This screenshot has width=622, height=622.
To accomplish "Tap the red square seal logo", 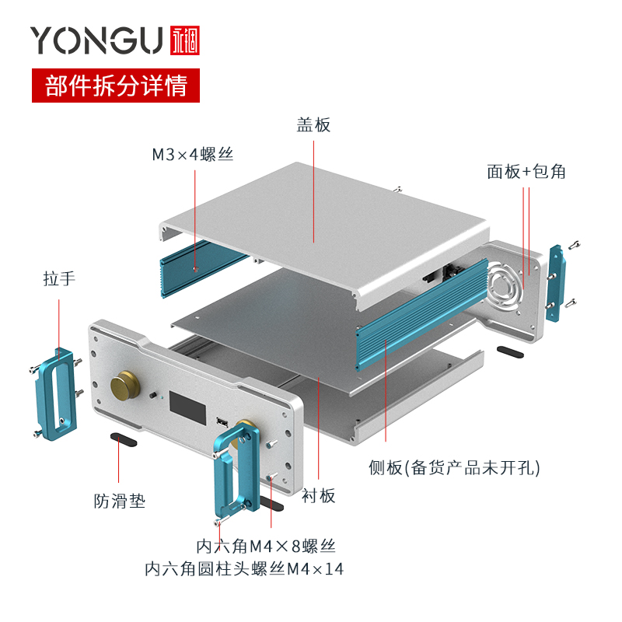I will (x=183, y=40).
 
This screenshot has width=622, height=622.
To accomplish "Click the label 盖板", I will (x=313, y=124).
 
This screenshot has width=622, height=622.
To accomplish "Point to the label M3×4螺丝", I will (x=192, y=154).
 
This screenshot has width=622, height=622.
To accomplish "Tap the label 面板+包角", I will (x=526, y=172).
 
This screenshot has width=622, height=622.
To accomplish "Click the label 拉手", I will (x=59, y=278).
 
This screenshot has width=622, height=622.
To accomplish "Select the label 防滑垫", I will (x=119, y=501).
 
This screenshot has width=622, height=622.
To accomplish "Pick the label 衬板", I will (x=319, y=495).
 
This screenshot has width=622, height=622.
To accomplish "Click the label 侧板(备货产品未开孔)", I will (x=454, y=467).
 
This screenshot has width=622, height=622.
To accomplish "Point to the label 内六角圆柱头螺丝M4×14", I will (x=244, y=569).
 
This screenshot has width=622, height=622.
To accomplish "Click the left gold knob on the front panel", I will (x=124, y=386).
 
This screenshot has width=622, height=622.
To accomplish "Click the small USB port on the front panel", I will (x=222, y=422).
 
